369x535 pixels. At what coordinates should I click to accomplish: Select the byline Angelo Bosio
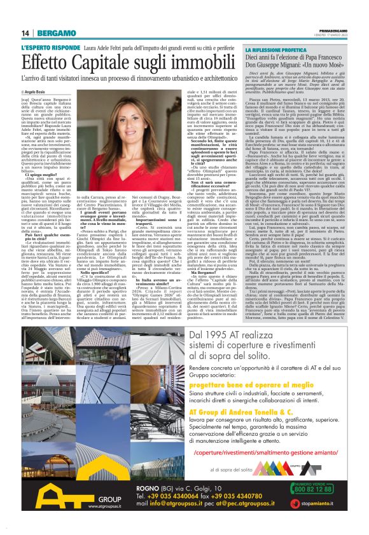click(x=39, y=91)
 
